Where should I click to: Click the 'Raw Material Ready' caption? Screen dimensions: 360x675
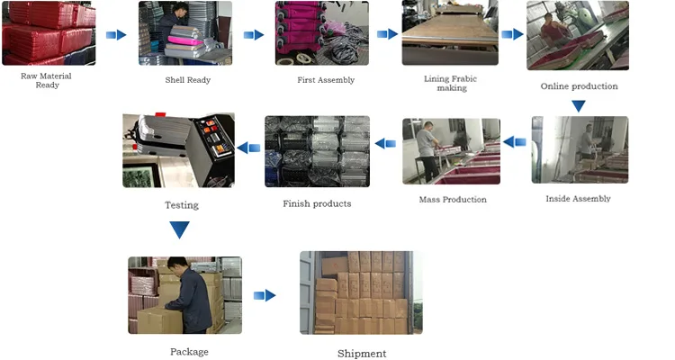point(46,80)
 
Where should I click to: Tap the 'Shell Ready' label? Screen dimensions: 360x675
point(187,80)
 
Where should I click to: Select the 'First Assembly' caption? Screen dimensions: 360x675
point(326,80)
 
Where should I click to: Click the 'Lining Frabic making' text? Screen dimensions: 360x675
point(452,83)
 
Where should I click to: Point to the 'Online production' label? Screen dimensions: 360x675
point(579,86)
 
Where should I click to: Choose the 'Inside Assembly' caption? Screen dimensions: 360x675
point(578,198)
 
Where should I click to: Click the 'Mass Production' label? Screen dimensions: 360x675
point(453,199)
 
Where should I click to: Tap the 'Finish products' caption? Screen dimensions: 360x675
point(317,203)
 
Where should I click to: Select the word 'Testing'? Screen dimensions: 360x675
point(181,205)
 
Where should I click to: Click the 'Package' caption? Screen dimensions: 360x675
point(189,351)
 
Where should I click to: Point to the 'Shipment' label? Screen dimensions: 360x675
point(362,354)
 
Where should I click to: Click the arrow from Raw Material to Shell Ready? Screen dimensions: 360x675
point(116,35)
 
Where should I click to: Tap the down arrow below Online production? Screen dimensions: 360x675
point(579,106)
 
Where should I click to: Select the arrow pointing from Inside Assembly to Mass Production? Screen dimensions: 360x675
point(514,141)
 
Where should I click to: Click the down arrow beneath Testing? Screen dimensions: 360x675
point(180,229)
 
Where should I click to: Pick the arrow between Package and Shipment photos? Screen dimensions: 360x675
point(265,295)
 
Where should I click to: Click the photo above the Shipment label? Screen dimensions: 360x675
point(361,293)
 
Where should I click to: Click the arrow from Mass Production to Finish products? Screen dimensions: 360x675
point(385,142)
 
